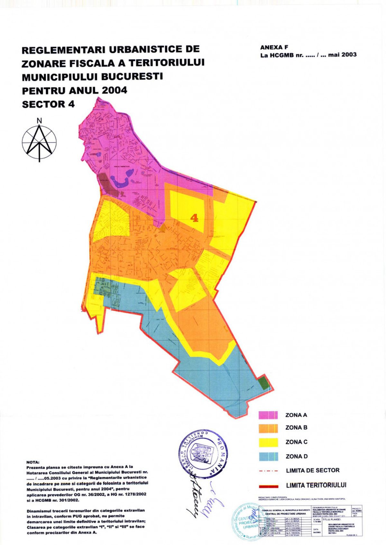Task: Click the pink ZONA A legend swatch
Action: (x=268, y=415)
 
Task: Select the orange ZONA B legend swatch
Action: (x=268, y=428)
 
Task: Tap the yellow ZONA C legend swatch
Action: (x=268, y=442)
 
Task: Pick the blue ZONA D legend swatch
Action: (x=268, y=457)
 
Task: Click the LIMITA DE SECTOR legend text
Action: (x=312, y=470)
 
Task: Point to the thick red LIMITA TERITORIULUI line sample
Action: (x=268, y=486)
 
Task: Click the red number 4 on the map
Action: (x=194, y=218)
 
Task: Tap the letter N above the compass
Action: (x=39, y=121)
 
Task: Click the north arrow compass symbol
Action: (x=39, y=143)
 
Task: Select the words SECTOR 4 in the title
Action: (x=48, y=104)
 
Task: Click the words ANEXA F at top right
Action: (x=274, y=47)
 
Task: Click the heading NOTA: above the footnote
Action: (x=32, y=462)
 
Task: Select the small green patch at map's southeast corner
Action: (x=264, y=383)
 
